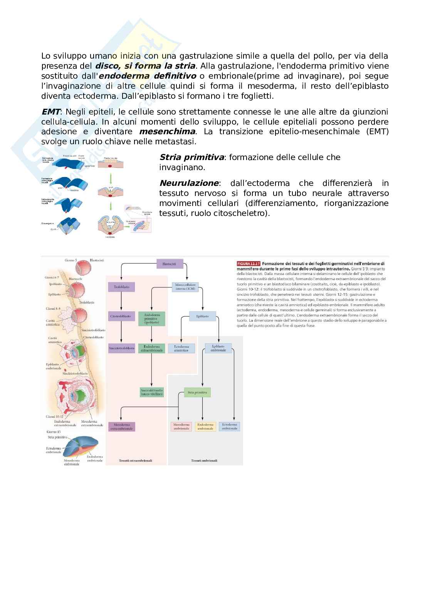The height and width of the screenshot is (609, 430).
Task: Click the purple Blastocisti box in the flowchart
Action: pyautogui.click(x=169, y=264)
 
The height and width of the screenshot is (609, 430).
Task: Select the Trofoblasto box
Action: pyautogui.click(x=121, y=287)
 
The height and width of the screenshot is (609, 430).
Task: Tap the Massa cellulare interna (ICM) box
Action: pyautogui.click(x=186, y=287)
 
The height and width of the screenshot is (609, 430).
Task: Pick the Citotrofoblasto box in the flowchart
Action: pyautogui.click(x=121, y=316)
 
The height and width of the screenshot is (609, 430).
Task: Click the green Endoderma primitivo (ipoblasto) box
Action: pyautogui.click(x=151, y=319)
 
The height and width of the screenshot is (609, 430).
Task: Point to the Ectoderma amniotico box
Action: pyautogui.click(x=181, y=348)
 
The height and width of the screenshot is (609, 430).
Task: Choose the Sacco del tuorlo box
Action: pyautogui.click(x=152, y=393)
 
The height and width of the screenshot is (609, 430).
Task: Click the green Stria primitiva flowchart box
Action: pyautogui.click(x=197, y=393)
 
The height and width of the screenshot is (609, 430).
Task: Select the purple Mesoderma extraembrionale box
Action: pyautogui.click(x=122, y=427)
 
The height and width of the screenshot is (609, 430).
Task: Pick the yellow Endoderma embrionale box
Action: pyautogui.click(x=205, y=427)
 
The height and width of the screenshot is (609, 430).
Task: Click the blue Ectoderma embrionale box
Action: pyautogui.click(x=230, y=427)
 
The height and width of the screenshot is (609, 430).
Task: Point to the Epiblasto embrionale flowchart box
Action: pyautogui.click(x=218, y=348)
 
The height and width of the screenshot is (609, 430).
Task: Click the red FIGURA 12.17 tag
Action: pyautogui.click(x=249, y=264)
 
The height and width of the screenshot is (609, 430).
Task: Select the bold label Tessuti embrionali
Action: pyautogui.click(x=204, y=461)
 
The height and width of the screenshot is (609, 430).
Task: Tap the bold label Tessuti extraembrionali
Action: pyautogui.click(x=136, y=461)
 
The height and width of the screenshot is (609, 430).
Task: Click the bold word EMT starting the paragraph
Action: pyautogui.click(x=51, y=112)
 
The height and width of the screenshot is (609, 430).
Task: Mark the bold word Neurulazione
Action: pyautogui.click(x=189, y=183)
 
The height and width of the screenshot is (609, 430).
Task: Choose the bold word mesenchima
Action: pyautogui.click(x=167, y=132)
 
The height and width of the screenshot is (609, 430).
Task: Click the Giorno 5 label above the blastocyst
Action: pyautogui.click(x=71, y=261)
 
